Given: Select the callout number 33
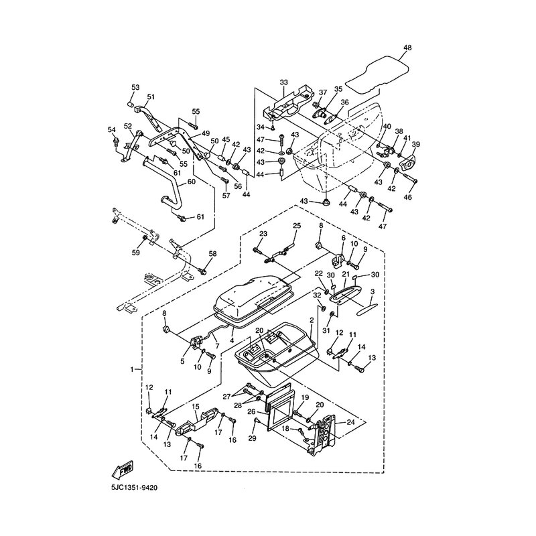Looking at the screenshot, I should pos(283,82).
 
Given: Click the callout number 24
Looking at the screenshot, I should pos(350,422).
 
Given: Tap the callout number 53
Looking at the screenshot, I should pos(135,88).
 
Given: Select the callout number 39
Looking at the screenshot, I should pos(415,145).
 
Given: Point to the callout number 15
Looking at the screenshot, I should pos(196,407).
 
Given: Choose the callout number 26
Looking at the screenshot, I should pos(251,411).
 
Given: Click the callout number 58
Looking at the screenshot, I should pos(212,254).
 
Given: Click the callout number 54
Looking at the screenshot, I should pos(112,129).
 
